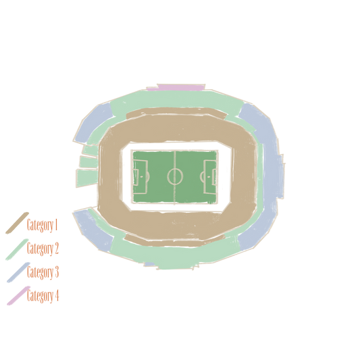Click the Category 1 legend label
click(x=42, y=225)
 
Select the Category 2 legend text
click(x=43, y=249)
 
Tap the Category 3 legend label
click(x=43, y=272)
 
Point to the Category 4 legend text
click(x=43, y=295)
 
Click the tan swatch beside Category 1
click(x=17, y=223)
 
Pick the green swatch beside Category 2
click(x=17, y=249)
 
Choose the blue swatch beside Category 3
click(x=18, y=272)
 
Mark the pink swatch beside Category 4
click(x=19, y=296)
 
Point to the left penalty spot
click(x=141, y=177)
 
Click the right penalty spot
click(x=209, y=177)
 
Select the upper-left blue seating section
click(x=94, y=122)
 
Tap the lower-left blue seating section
click(x=94, y=230)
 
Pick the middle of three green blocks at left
click(x=89, y=162)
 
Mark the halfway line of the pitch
click(x=175, y=177)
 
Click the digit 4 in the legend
click(x=57, y=295)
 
